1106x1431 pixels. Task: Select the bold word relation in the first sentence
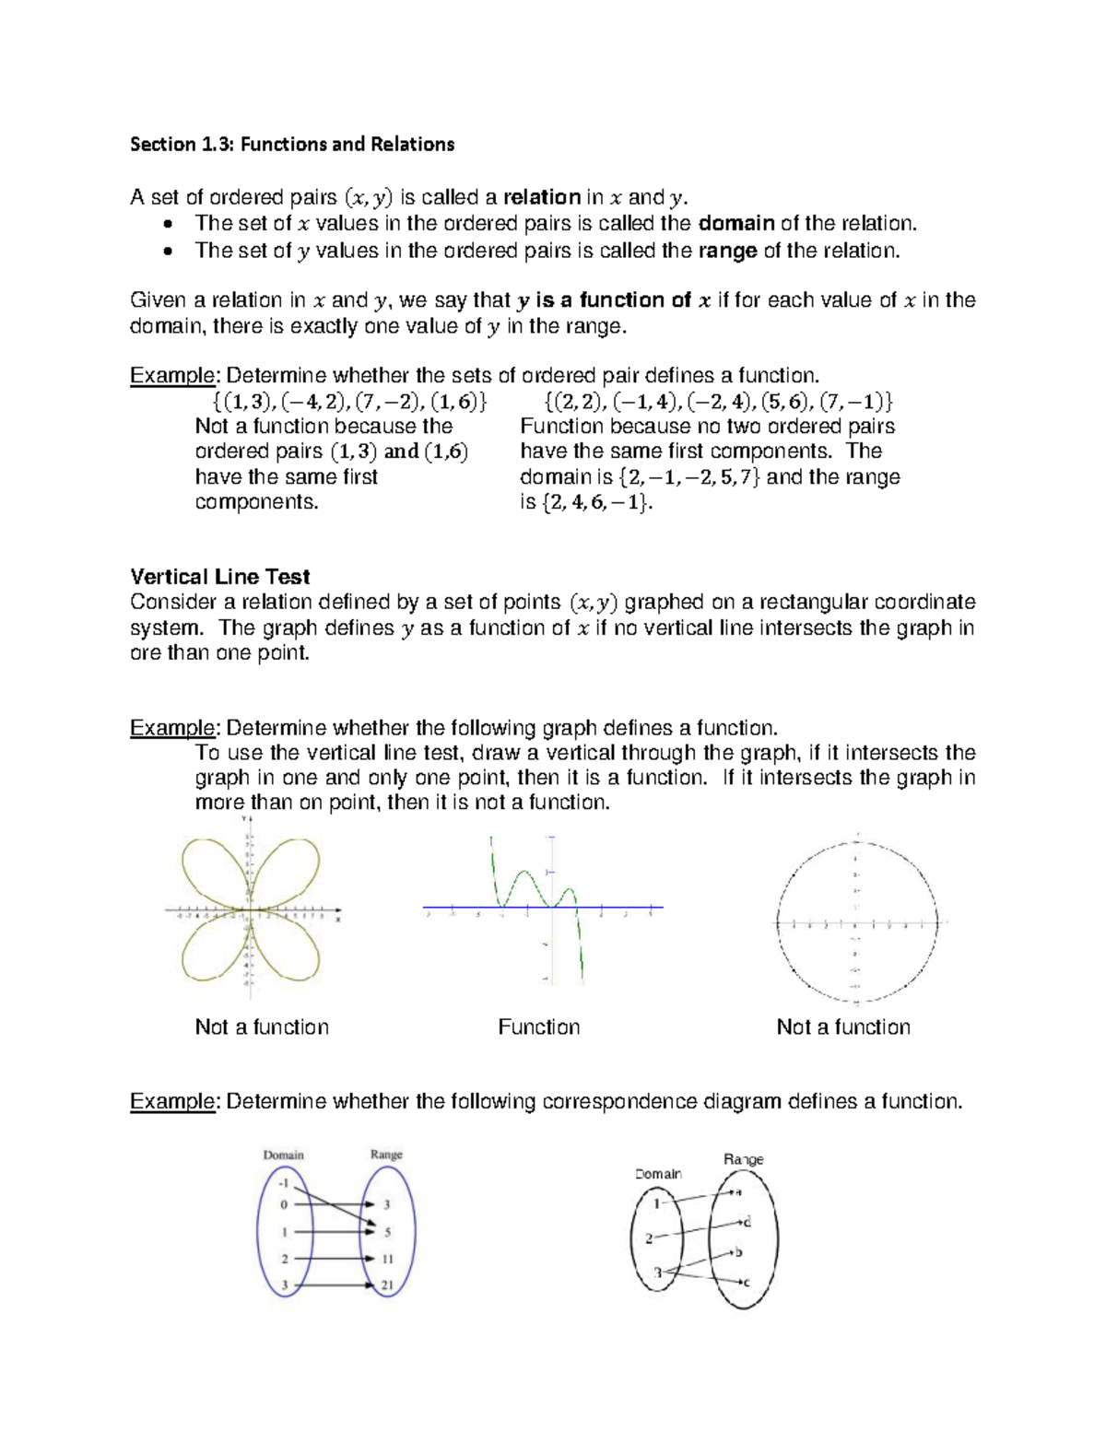[x=542, y=197]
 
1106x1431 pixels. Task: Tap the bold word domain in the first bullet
[x=736, y=224]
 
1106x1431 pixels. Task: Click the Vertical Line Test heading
[x=219, y=577]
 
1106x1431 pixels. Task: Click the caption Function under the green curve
[x=538, y=1027]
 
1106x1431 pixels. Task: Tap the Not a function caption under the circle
[x=842, y=1027]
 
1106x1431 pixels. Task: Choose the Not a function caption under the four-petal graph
[x=262, y=1027]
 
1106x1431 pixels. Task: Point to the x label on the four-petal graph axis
[x=338, y=920]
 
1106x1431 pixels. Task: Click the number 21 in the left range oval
[x=387, y=1285]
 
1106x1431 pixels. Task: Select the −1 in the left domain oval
[x=285, y=1183]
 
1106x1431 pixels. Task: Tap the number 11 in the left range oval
[x=387, y=1259]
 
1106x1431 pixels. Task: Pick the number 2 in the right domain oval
[x=649, y=1238]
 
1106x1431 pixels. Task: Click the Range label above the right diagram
[x=743, y=1159]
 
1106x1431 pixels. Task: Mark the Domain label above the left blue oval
[x=283, y=1155]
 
